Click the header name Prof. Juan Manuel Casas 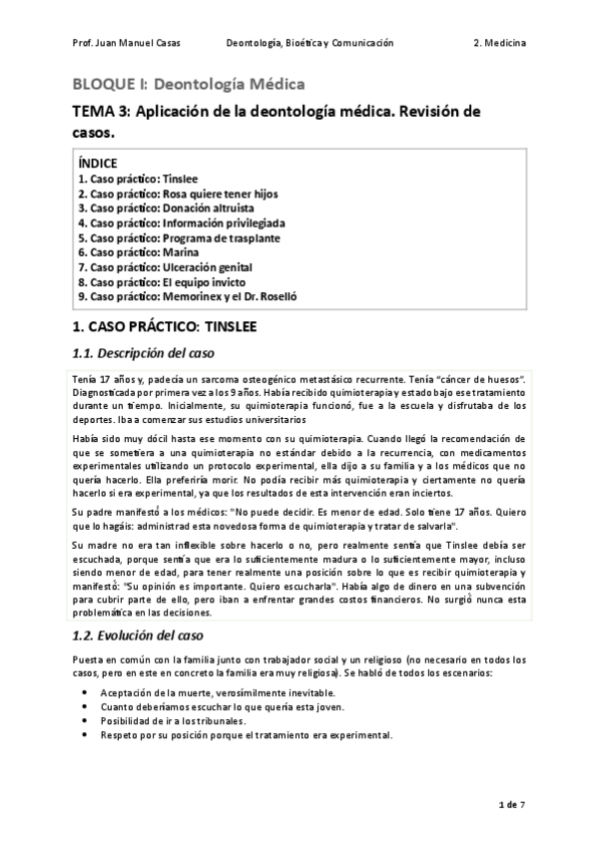pyautogui.click(x=120, y=44)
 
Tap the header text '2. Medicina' pyautogui.click(x=501, y=44)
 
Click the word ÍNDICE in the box pyautogui.click(x=98, y=163)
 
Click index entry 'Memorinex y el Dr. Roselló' pyautogui.click(x=187, y=296)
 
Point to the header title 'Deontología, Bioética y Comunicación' pyautogui.click(x=309, y=44)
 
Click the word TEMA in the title pyautogui.click(x=96, y=111)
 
